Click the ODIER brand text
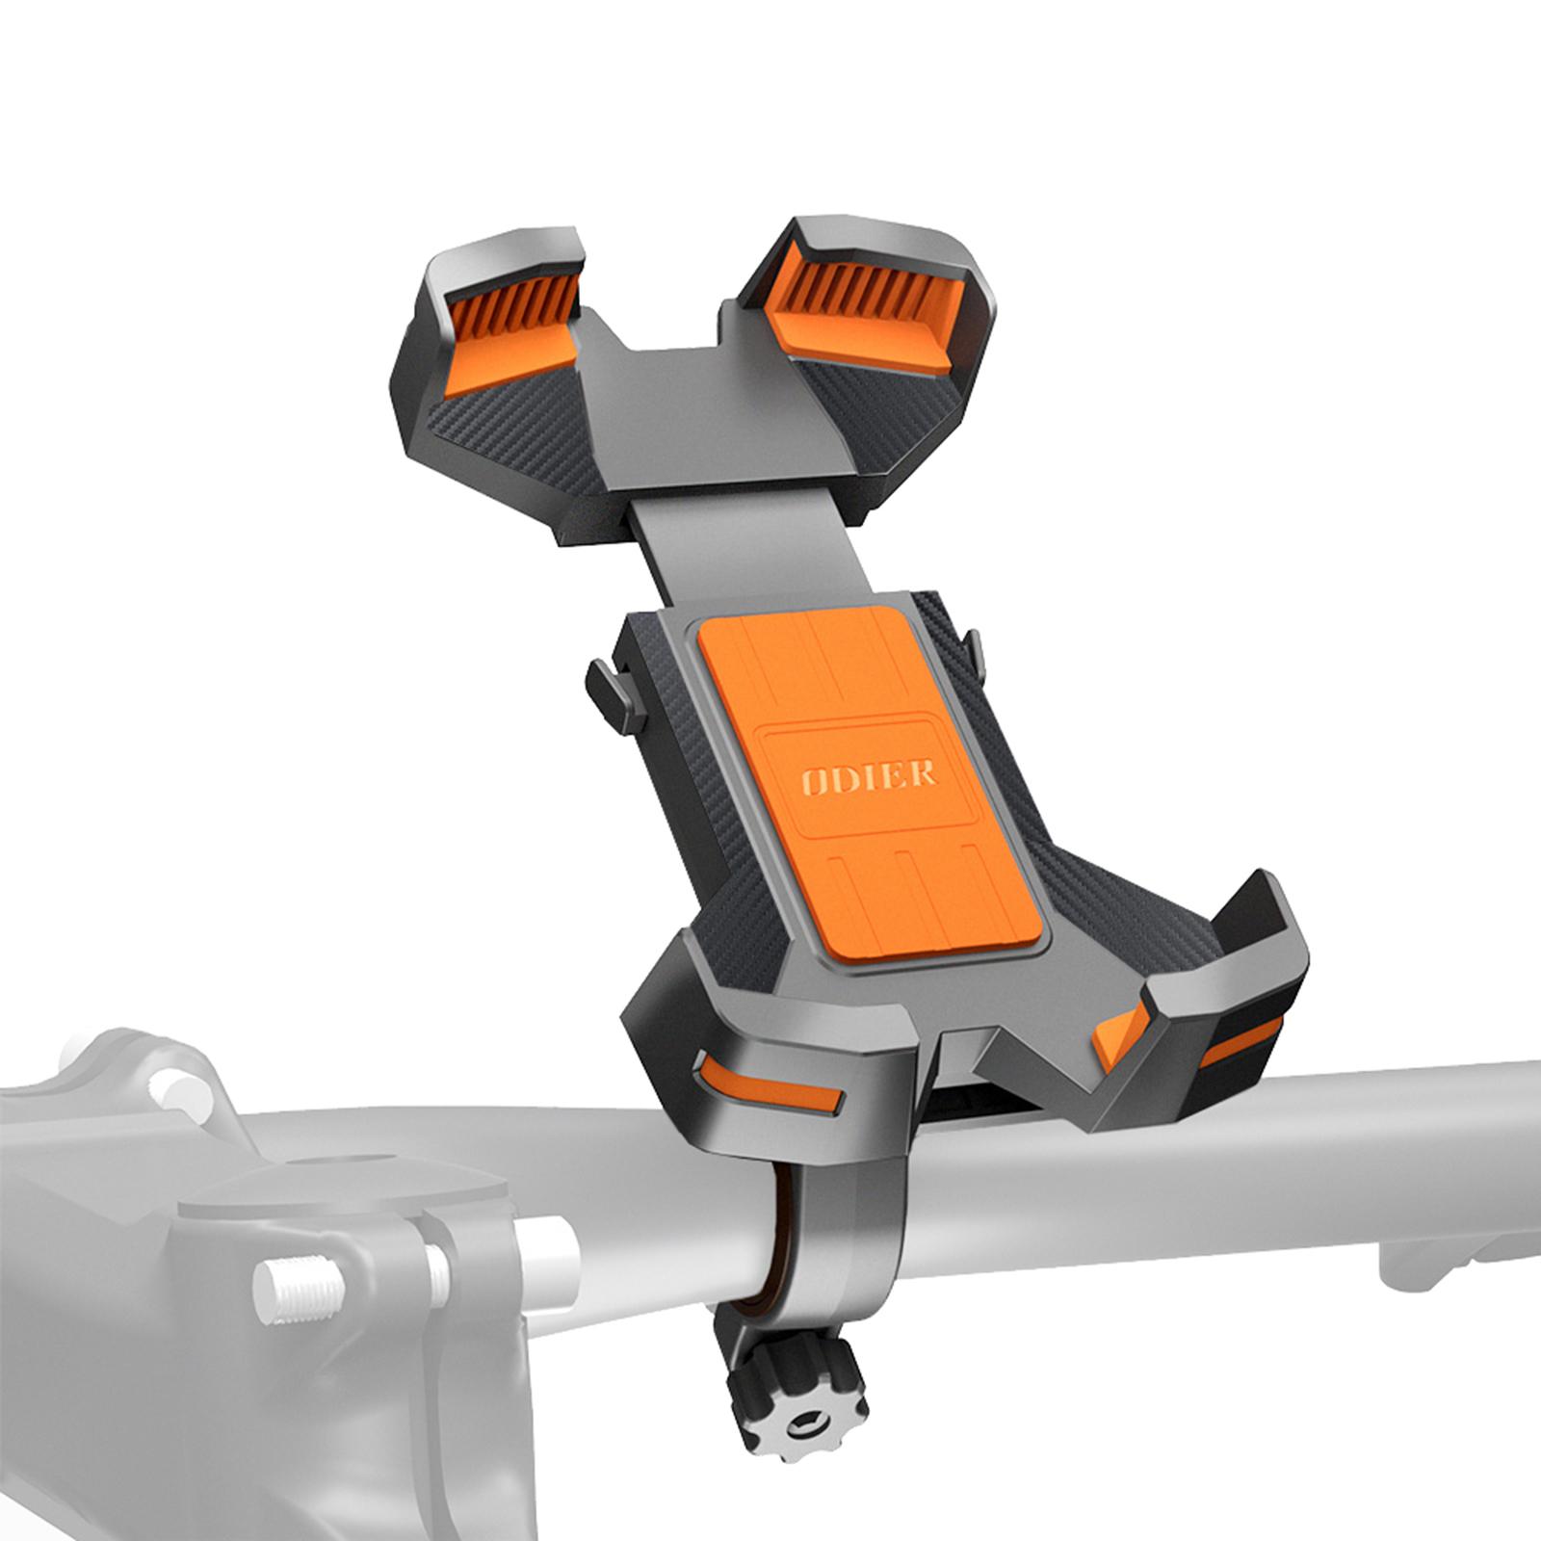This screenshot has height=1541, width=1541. (870, 775)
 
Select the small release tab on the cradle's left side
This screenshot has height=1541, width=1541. (608, 689)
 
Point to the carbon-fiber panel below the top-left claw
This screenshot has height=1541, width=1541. (520, 424)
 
